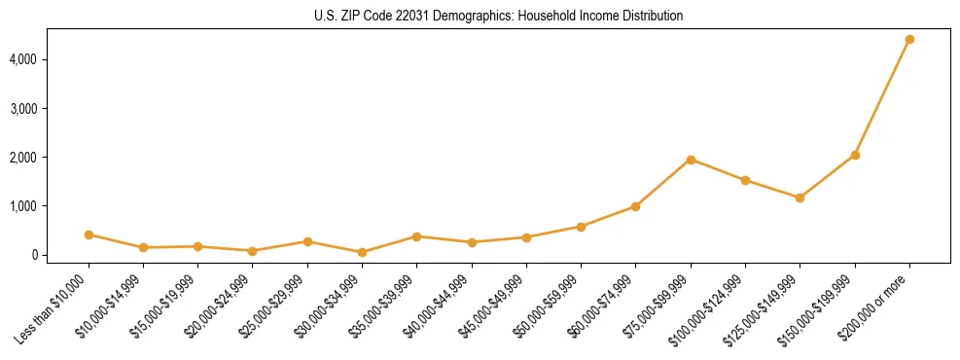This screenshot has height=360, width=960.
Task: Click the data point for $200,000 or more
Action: pos(909,40)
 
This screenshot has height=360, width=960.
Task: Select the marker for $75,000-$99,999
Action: pos(691,160)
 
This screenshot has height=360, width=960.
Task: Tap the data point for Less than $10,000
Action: pos(89,234)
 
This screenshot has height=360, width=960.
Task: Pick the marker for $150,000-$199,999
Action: pos(855,155)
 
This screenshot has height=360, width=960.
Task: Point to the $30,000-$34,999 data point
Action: pos(362,252)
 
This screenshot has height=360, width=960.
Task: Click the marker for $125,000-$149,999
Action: pos(800,198)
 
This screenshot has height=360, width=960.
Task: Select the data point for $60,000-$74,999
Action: pos(635,206)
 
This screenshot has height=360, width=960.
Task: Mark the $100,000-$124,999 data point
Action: pos(745,180)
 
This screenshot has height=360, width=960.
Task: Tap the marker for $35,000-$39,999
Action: pos(416,236)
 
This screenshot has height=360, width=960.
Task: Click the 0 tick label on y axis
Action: pos(60,255)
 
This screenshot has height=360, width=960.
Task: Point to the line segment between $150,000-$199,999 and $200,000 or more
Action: pos(882,97)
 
